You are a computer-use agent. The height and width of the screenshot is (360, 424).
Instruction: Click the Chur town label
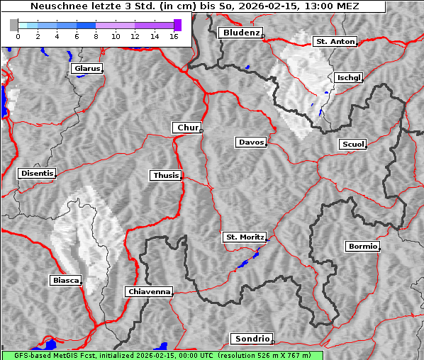(x=187, y=128)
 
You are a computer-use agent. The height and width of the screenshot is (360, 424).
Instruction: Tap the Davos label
(x=251, y=142)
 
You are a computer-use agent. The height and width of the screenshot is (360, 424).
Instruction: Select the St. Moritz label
(x=245, y=237)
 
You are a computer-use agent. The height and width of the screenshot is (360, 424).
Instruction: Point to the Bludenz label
(x=240, y=33)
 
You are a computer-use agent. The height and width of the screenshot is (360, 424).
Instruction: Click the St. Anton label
(x=334, y=42)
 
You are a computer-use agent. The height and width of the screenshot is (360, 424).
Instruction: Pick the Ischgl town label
(x=349, y=77)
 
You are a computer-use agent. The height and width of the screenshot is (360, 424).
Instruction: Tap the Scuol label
(x=352, y=145)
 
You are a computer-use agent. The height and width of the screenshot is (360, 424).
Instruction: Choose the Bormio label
(x=362, y=247)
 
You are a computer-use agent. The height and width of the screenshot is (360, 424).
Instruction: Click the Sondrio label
(x=251, y=339)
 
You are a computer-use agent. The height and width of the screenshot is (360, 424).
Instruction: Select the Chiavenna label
(x=149, y=291)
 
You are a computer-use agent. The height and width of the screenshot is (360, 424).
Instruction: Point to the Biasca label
(x=66, y=280)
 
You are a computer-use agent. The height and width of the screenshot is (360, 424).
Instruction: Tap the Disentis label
(x=37, y=173)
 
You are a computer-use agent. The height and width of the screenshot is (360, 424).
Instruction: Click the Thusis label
(x=166, y=175)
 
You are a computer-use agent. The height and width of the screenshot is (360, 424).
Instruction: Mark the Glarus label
(x=87, y=69)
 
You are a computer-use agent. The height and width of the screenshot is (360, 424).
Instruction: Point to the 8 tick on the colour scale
(x=96, y=35)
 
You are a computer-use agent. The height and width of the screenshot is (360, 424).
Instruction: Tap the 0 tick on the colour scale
(x=18, y=35)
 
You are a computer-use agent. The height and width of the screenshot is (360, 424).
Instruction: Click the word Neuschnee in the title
(x=55, y=6)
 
